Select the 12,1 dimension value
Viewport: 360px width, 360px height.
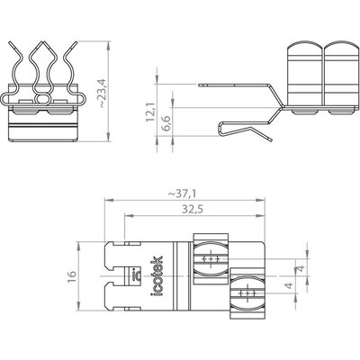point(150,112)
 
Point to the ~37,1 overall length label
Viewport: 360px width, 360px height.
point(182,194)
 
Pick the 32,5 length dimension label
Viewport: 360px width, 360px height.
point(193,210)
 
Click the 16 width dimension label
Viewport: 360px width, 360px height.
point(72,276)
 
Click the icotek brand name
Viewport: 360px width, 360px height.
point(157,276)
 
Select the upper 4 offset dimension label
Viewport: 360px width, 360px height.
point(302,267)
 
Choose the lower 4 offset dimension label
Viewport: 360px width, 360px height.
point(289,285)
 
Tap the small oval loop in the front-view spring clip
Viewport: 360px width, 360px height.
point(43,98)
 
